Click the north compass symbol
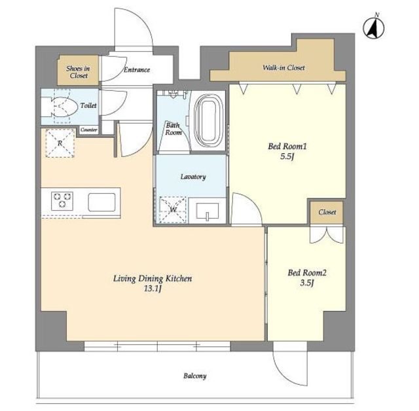tap(374, 27)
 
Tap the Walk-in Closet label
tap(283, 67)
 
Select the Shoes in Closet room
tap(78, 70)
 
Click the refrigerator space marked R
tap(60, 143)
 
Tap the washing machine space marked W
tap(173, 210)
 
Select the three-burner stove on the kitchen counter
tap(62, 200)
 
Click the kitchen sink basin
tap(102, 202)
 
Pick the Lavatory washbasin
tap(208, 211)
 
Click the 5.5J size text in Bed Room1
tap(287, 157)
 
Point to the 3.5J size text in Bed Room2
tap(307, 283)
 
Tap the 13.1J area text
tap(153, 289)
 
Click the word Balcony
tap(195, 376)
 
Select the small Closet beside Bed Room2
tap(327, 212)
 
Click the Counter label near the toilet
tap(89, 130)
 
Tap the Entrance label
tap(137, 70)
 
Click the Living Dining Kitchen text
tap(153, 279)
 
